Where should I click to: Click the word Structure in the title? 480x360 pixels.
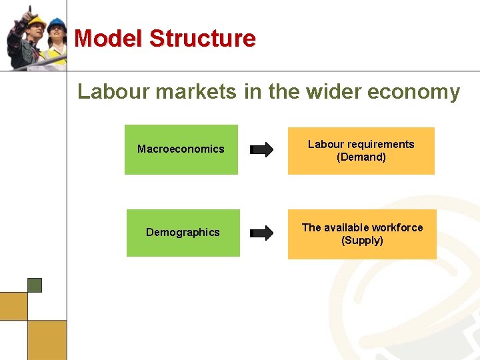tap(202, 38)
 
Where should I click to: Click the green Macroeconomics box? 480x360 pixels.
tap(181, 149)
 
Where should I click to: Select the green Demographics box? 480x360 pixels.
tap(183, 233)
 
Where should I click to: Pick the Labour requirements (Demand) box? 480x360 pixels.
tap(361, 151)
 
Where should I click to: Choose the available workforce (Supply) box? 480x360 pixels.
tap(362, 234)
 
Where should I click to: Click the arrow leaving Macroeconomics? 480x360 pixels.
tap(261, 149)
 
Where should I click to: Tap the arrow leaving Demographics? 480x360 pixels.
tap(261, 233)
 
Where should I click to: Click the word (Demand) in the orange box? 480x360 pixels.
tap(361, 157)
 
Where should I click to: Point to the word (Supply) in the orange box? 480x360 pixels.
tap(362, 241)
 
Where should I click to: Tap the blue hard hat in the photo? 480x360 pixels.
tap(57, 24)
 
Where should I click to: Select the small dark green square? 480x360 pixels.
tap(35, 285)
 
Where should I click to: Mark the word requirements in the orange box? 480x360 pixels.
tap(380, 144)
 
